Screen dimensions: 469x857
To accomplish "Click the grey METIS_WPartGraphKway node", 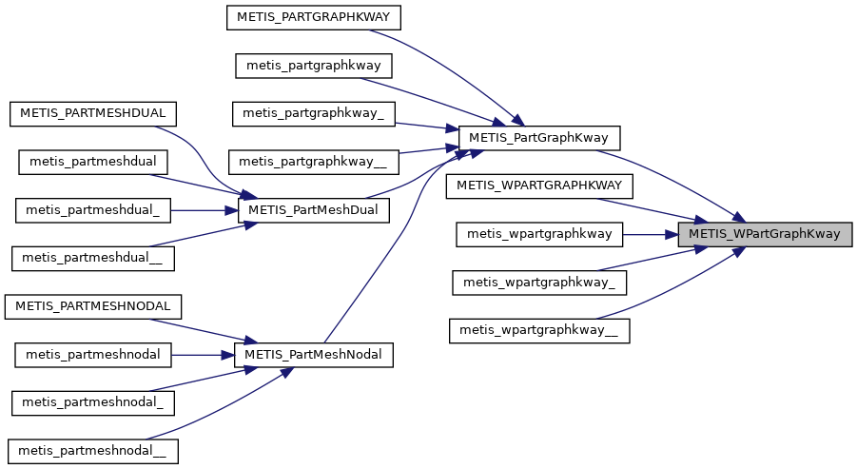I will pyautogui.click(x=764, y=234).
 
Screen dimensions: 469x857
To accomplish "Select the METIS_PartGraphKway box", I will pyautogui.click(x=539, y=138).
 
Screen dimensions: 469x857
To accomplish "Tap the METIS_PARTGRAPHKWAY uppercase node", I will pyautogui.click(x=313, y=16).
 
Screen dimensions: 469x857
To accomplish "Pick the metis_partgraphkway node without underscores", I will pyautogui.click(x=313, y=66).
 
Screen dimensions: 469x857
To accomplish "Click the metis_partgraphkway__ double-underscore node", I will pyautogui.click(x=313, y=162).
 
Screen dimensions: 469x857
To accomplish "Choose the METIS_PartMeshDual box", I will pyautogui.click(x=313, y=210).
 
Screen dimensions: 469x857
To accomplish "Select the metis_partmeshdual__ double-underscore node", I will pyautogui.click(x=92, y=258).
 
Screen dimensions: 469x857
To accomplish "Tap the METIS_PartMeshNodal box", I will pyautogui.click(x=313, y=355).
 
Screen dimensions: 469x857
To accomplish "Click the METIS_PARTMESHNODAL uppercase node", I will pyautogui.click(x=92, y=306).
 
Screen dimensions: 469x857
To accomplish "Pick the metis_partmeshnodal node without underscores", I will pyautogui.click(x=92, y=355).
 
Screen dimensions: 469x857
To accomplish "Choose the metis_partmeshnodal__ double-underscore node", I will pyautogui.click(x=92, y=450).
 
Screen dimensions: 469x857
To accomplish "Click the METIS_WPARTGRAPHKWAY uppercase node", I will pyautogui.click(x=538, y=186).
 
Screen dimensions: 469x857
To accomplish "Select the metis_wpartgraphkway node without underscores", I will pyautogui.click(x=538, y=234).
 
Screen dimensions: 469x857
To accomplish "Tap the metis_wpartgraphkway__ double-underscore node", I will pyautogui.click(x=538, y=330).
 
